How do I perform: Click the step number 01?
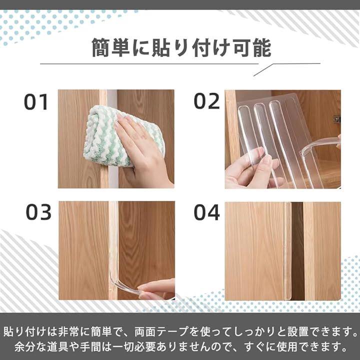pyautogui.click(x=36, y=101)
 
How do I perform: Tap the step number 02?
pyautogui.click(x=206, y=101)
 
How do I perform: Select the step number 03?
pyautogui.click(x=38, y=212)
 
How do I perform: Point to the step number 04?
pyautogui.click(x=206, y=212)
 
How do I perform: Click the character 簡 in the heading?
pyautogui.click(x=101, y=48)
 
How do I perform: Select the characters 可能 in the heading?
pyautogui.click(x=252, y=48)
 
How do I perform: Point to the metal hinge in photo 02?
pyautogui.click(x=337, y=119)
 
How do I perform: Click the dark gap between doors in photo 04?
pyautogui.click(x=297, y=251)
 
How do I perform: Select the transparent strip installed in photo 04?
pyautogui.click(x=287, y=251)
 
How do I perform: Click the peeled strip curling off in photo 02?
pyautogui.click(x=320, y=147)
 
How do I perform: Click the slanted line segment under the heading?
pyautogui.click(x=263, y=70)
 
